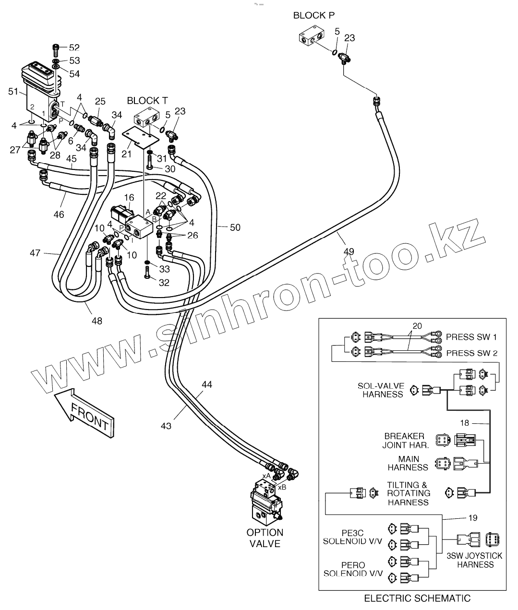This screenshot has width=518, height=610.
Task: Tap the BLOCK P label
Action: pos(313,15)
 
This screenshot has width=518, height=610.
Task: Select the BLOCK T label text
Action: pos(147,100)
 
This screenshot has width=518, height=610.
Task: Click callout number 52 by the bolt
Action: pos(74,48)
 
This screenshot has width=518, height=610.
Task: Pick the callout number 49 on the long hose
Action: pos(349,251)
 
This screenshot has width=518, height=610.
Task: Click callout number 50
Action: pos(235,227)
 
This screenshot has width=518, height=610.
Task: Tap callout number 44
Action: pos(207,384)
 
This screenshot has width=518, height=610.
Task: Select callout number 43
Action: pos(166,425)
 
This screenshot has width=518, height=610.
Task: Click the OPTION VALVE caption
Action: pos(265,538)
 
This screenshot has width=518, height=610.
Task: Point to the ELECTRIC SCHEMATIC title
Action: pos(417,598)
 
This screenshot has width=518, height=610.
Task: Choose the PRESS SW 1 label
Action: pos(471,337)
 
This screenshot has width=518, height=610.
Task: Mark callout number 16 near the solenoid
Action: pos(129,197)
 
